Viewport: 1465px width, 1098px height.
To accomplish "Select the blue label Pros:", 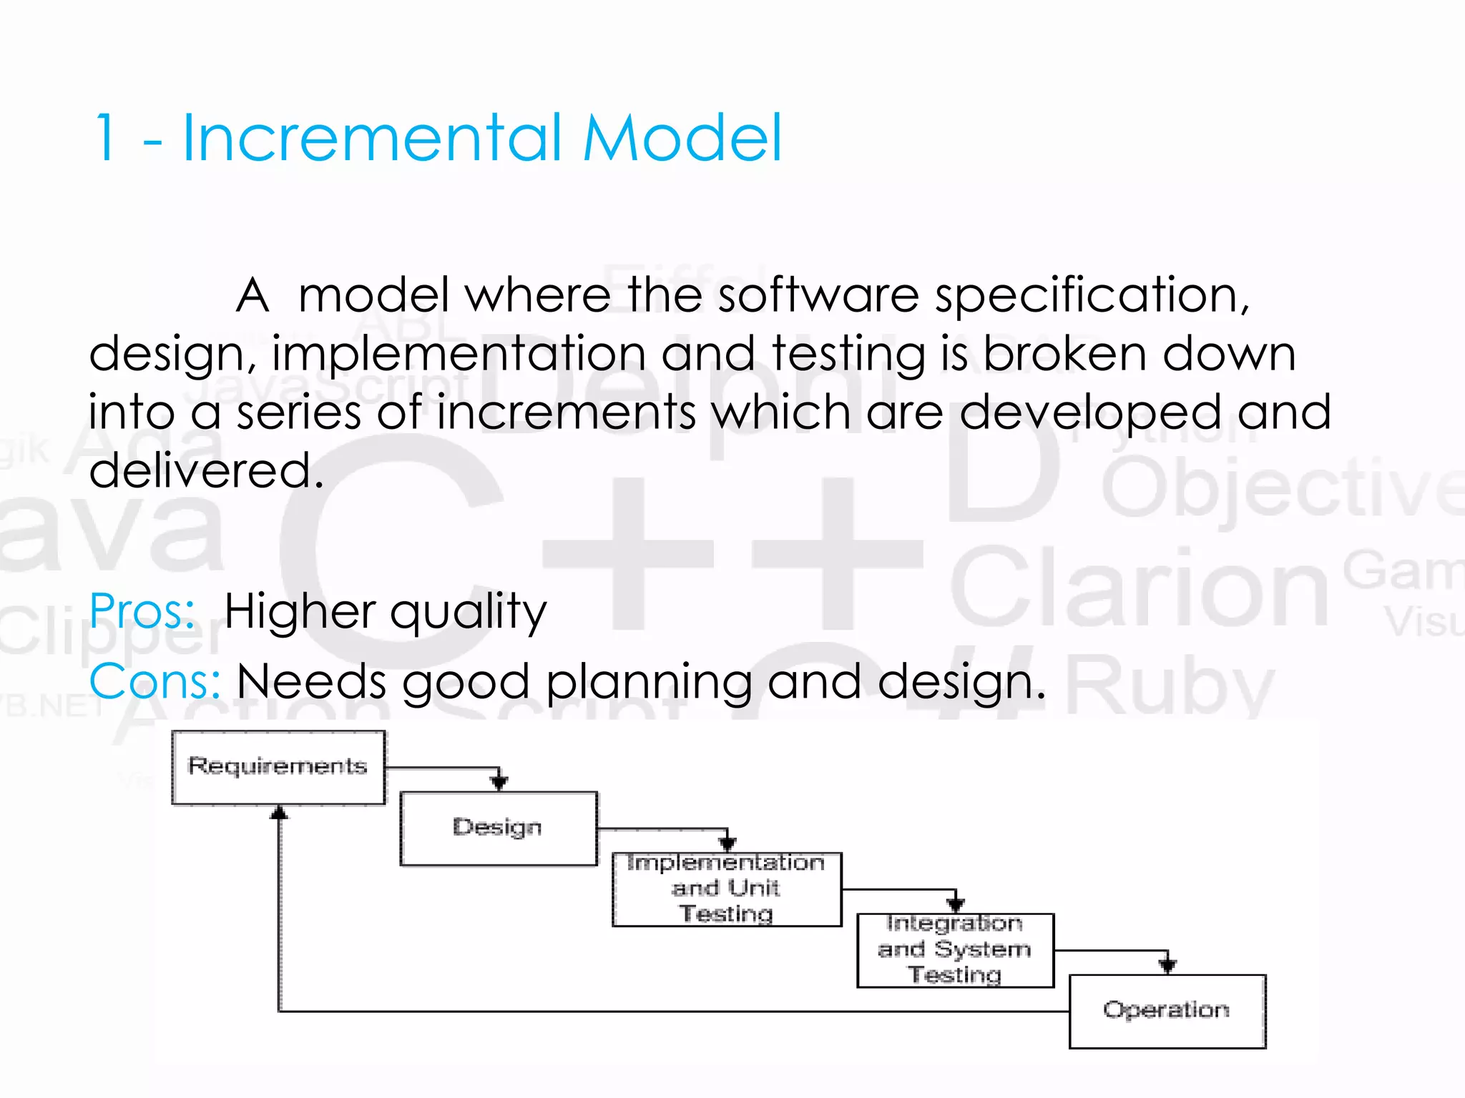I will [142, 612].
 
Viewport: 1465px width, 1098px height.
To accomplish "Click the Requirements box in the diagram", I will [278, 767].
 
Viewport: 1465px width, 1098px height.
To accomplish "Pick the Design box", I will [498, 828].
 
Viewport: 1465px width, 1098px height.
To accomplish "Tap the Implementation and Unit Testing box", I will [726, 889].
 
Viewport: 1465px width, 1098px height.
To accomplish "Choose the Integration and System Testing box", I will [954, 950].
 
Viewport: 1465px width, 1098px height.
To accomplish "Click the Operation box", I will [1166, 1011].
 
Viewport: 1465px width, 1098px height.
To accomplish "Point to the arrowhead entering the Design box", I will [499, 783].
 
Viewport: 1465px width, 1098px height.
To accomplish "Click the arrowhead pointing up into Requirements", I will [279, 813].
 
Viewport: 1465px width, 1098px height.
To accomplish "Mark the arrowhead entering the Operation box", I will [1167, 966].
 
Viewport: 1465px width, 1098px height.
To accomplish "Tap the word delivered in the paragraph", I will [206, 470].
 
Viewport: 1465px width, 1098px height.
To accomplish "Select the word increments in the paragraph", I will [566, 412].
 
